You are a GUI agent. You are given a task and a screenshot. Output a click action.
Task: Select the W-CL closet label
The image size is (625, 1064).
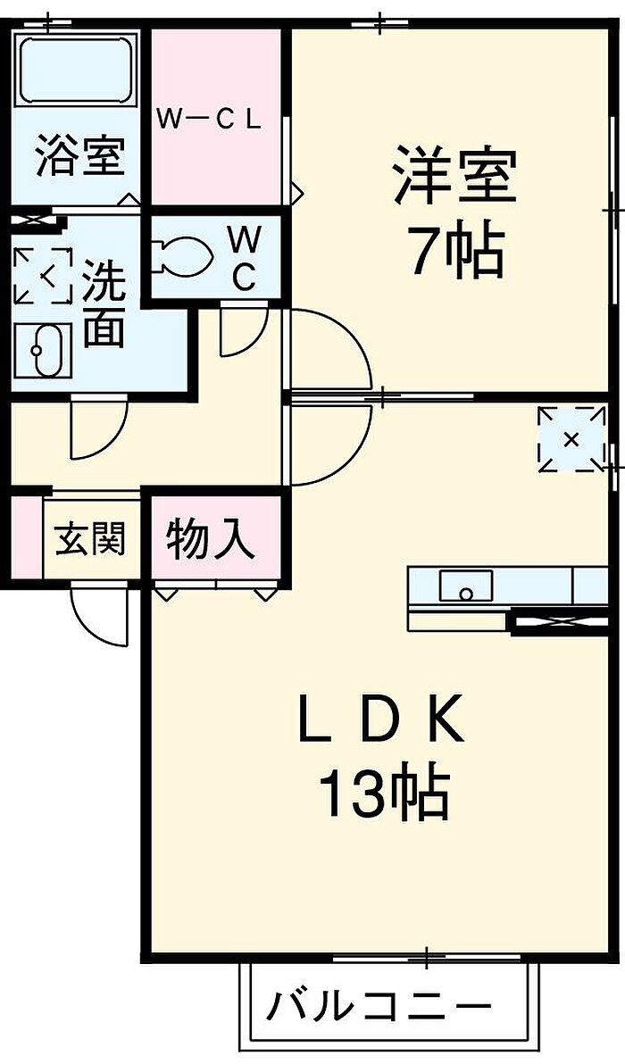point(210,120)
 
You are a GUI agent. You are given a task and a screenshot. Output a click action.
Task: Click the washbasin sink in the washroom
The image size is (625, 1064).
point(41,350)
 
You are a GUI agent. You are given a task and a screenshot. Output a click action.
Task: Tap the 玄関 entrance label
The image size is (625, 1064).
point(90,539)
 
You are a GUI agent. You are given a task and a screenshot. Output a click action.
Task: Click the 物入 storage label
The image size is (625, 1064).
point(211,540)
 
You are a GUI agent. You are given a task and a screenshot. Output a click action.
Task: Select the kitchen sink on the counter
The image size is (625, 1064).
point(465,588)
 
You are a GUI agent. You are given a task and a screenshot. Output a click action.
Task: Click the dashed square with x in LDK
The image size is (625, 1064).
point(571,438)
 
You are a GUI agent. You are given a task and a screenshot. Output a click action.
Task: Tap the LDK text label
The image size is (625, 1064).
point(381,721)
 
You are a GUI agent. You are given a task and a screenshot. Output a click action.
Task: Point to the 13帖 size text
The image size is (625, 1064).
point(384,794)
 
